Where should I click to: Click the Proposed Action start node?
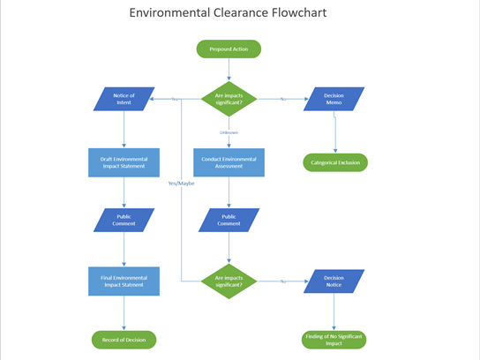pyautogui.click(x=229, y=49)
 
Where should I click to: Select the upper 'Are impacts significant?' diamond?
pyautogui.click(x=229, y=99)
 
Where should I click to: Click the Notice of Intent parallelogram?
pyautogui.click(x=124, y=99)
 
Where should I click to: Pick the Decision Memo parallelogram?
pyautogui.click(x=334, y=99)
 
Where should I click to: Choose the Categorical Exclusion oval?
pyautogui.click(x=334, y=162)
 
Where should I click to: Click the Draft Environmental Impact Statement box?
pyautogui.click(x=124, y=162)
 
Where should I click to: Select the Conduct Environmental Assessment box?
pyautogui.click(x=229, y=162)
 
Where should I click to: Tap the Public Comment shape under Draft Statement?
pyautogui.click(x=124, y=220)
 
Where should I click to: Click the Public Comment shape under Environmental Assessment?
pyautogui.click(x=229, y=220)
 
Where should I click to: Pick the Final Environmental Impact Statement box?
pyautogui.click(x=124, y=281)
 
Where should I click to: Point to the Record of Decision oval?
pyautogui.click(x=124, y=340)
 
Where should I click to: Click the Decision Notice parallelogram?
pyautogui.click(x=334, y=281)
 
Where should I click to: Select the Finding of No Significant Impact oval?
pyautogui.click(x=334, y=340)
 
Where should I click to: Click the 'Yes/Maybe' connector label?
pyautogui.click(x=181, y=184)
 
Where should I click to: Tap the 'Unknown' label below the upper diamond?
pyautogui.click(x=229, y=132)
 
